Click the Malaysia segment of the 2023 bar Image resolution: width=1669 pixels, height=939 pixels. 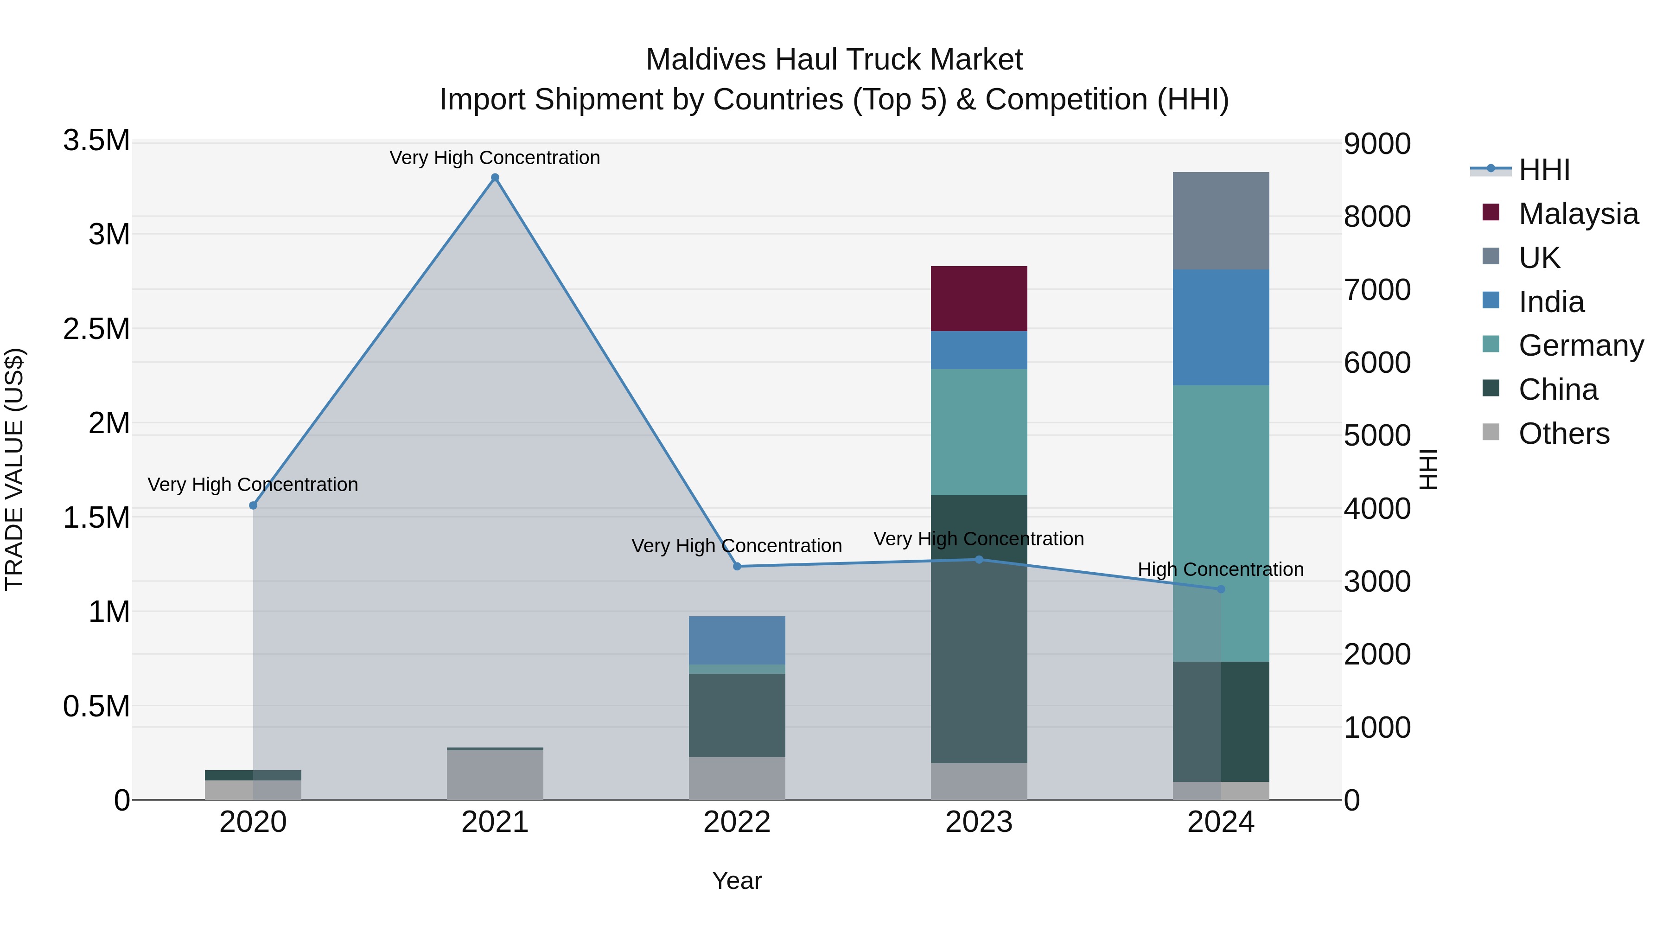coord(978,299)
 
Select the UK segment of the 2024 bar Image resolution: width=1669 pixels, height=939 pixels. coord(1221,221)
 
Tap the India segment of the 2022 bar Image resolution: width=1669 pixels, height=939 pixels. coord(737,640)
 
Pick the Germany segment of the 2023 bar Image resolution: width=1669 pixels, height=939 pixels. coord(978,432)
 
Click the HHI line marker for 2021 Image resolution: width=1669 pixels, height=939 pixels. coord(495,178)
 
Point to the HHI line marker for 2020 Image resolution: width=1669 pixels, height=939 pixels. coord(253,505)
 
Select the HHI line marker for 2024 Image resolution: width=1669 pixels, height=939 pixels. coord(1221,589)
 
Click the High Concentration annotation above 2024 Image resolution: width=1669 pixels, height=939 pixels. coord(1221,569)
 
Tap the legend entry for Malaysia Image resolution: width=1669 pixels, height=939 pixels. coord(1578,214)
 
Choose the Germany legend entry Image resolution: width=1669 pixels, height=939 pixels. coord(1580,345)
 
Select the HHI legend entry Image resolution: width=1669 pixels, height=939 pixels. coord(1543,170)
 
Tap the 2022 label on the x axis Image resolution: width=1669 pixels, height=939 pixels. coord(737,822)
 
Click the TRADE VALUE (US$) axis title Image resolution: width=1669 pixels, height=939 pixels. coord(14,469)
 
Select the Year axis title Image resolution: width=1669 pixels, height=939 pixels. coord(737,881)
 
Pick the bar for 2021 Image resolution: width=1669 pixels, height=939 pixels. coord(495,775)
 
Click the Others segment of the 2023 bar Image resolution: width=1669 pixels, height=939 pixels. coord(978,781)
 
